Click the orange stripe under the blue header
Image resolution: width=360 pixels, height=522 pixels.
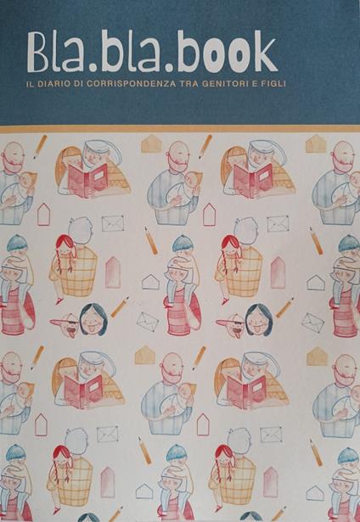point(180,128)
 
